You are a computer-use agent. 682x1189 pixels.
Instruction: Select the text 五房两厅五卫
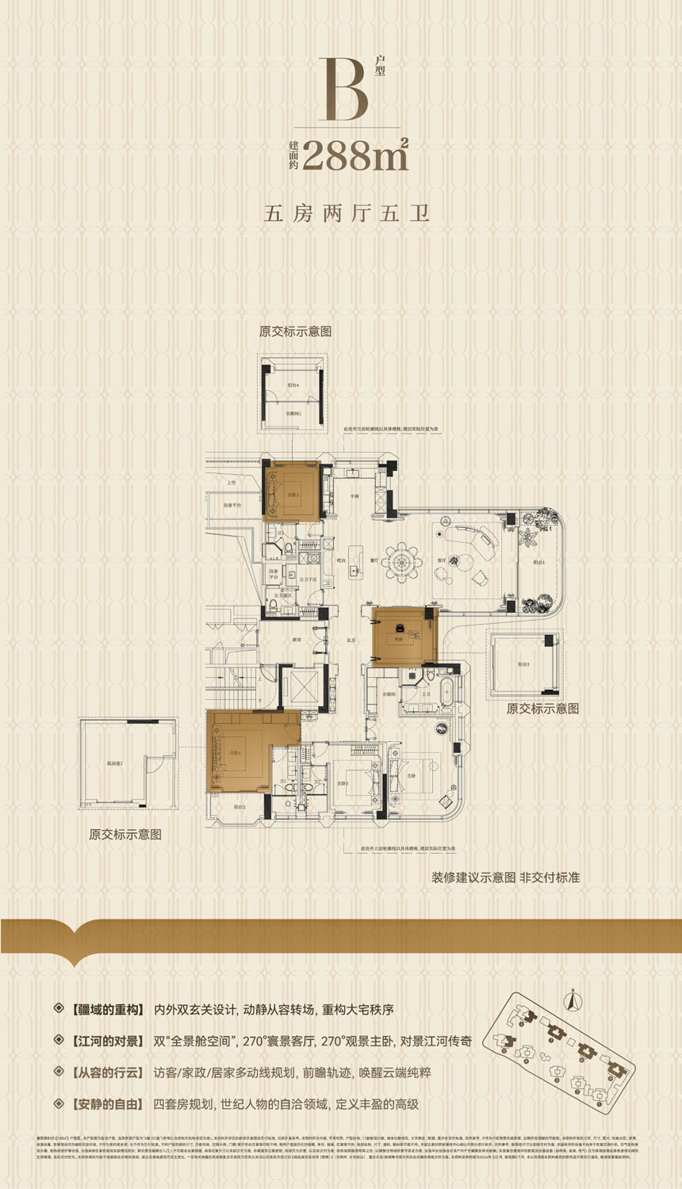point(347,213)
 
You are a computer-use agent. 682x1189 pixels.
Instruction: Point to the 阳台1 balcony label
point(539,561)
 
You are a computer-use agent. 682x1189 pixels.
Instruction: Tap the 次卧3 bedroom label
point(293,495)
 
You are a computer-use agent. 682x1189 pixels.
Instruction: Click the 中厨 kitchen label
point(354,495)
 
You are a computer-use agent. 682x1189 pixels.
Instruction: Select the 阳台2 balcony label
point(239,808)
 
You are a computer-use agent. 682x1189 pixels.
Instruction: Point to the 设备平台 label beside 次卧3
point(232,505)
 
